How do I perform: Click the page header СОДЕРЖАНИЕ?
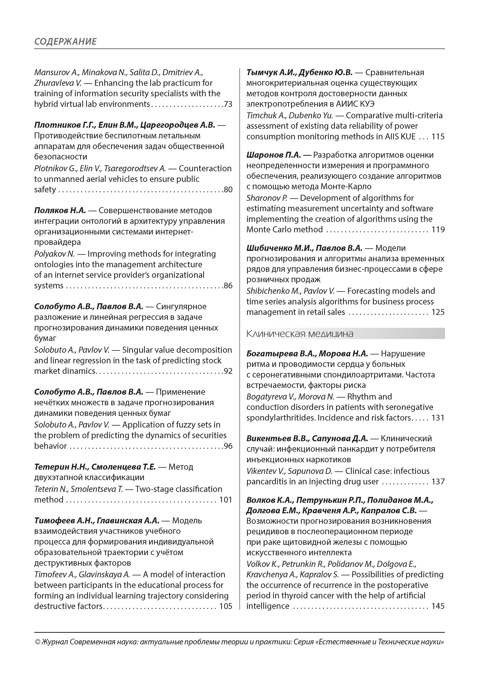pos(65,41)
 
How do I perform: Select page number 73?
pos(228,104)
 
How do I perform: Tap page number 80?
pos(228,190)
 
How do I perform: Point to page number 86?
pos(228,285)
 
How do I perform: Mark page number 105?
pos(226,606)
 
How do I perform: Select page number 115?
pos(438,137)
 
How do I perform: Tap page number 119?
pos(438,230)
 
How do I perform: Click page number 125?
pos(438,312)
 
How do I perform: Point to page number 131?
pos(438,418)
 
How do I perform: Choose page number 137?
pos(438,482)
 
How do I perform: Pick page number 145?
pos(438,606)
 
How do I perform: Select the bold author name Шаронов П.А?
pos(273,155)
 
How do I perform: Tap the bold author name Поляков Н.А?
pos(60,210)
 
